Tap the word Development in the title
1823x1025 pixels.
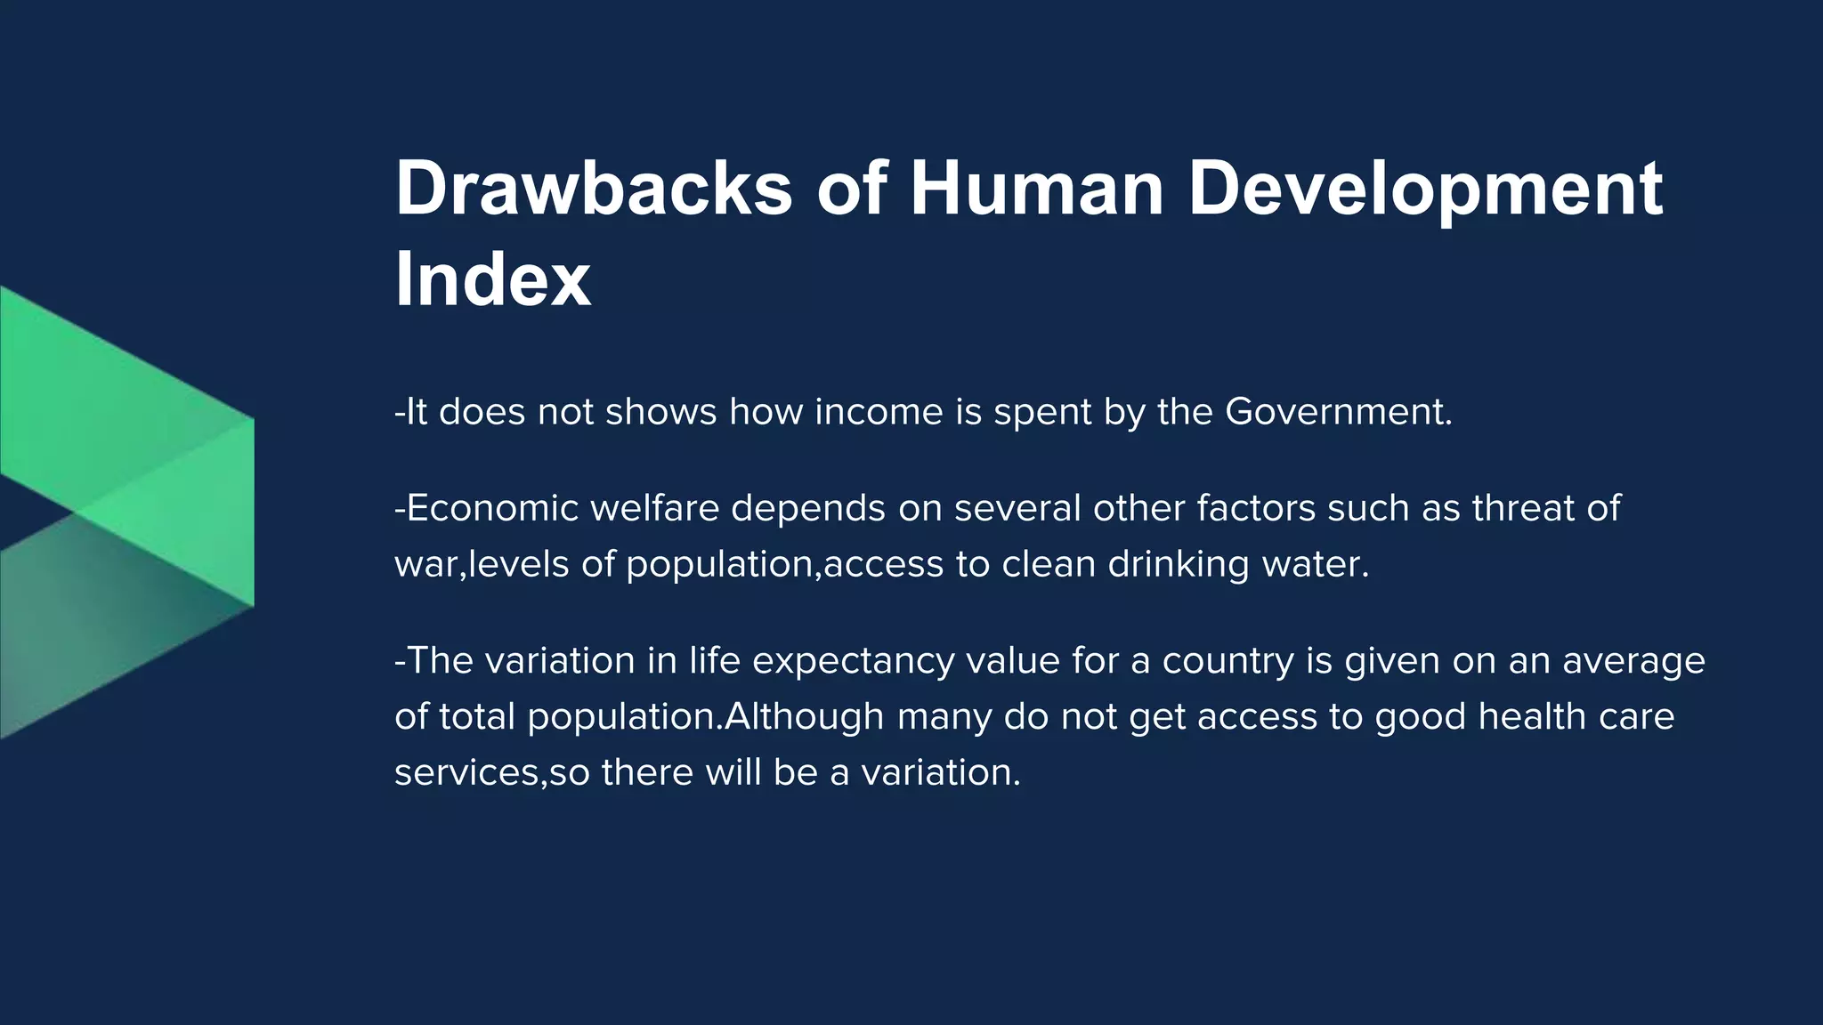coord(1425,190)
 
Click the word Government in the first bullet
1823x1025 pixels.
coord(1338,412)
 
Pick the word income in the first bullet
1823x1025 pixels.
coord(879,412)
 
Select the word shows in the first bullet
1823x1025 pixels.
coord(660,412)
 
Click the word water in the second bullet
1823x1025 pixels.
coord(1315,564)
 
